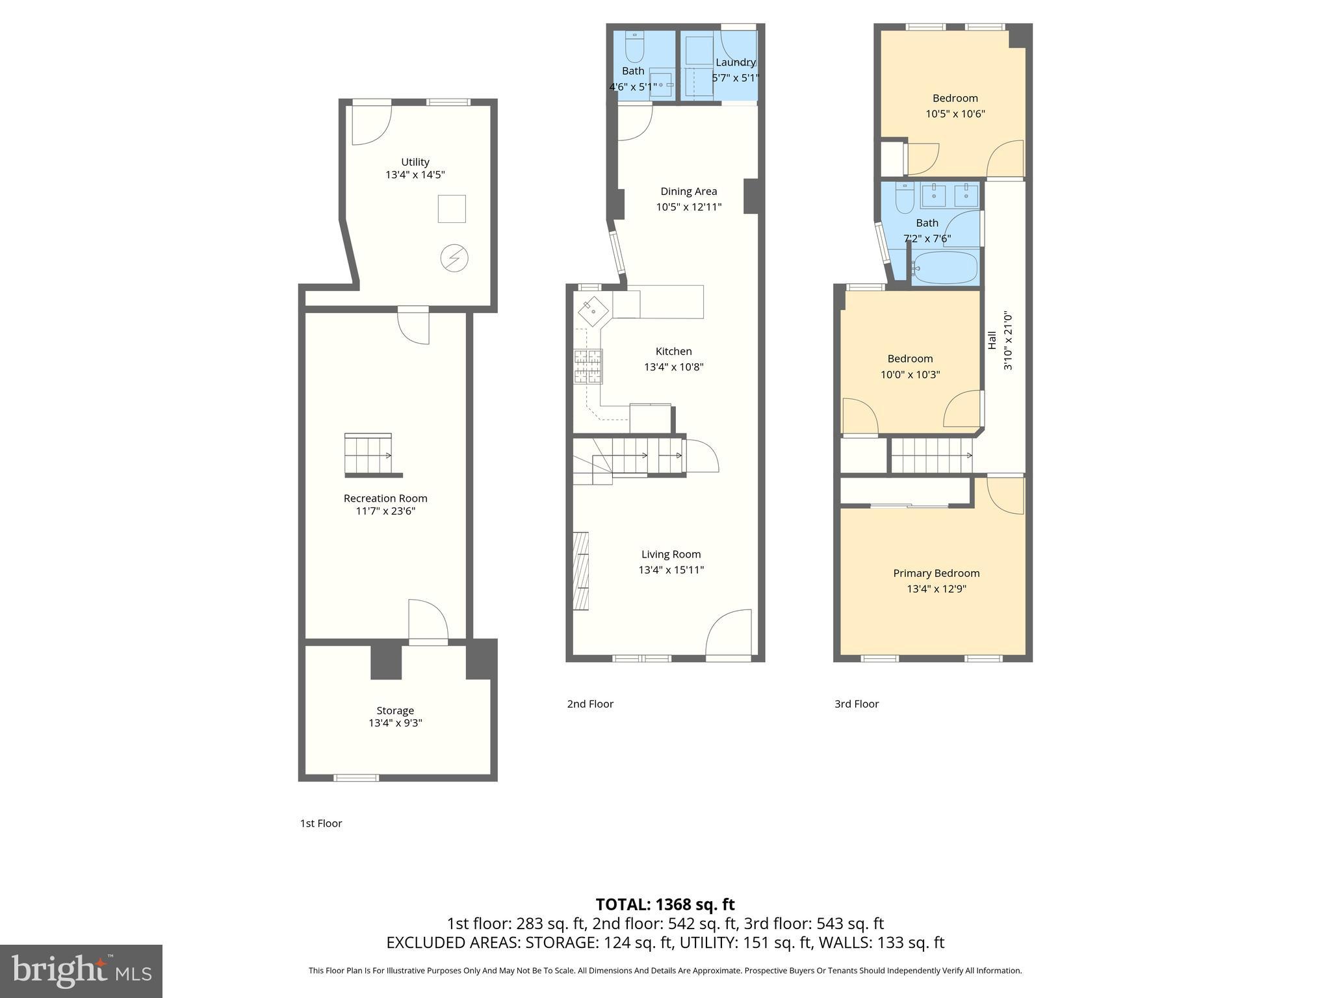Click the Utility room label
(x=415, y=162)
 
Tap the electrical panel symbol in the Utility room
(x=454, y=258)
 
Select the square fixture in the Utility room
(x=452, y=209)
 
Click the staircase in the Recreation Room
(x=368, y=455)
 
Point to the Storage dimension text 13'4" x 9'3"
(x=395, y=723)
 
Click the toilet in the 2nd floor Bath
(x=634, y=47)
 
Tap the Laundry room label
(x=735, y=62)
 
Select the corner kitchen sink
(x=592, y=311)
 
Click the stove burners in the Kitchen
(x=588, y=366)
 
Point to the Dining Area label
(x=688, y=191)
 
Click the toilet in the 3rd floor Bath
(x=905, y=198)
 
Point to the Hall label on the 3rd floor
(x=992, y=340)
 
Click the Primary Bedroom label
(x=936, y=573)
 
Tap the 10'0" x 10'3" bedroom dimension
(x=910, y=374)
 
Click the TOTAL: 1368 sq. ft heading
(x=665, y=904)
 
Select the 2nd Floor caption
(x=590, y=704)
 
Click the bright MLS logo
(x=81, y=971)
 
